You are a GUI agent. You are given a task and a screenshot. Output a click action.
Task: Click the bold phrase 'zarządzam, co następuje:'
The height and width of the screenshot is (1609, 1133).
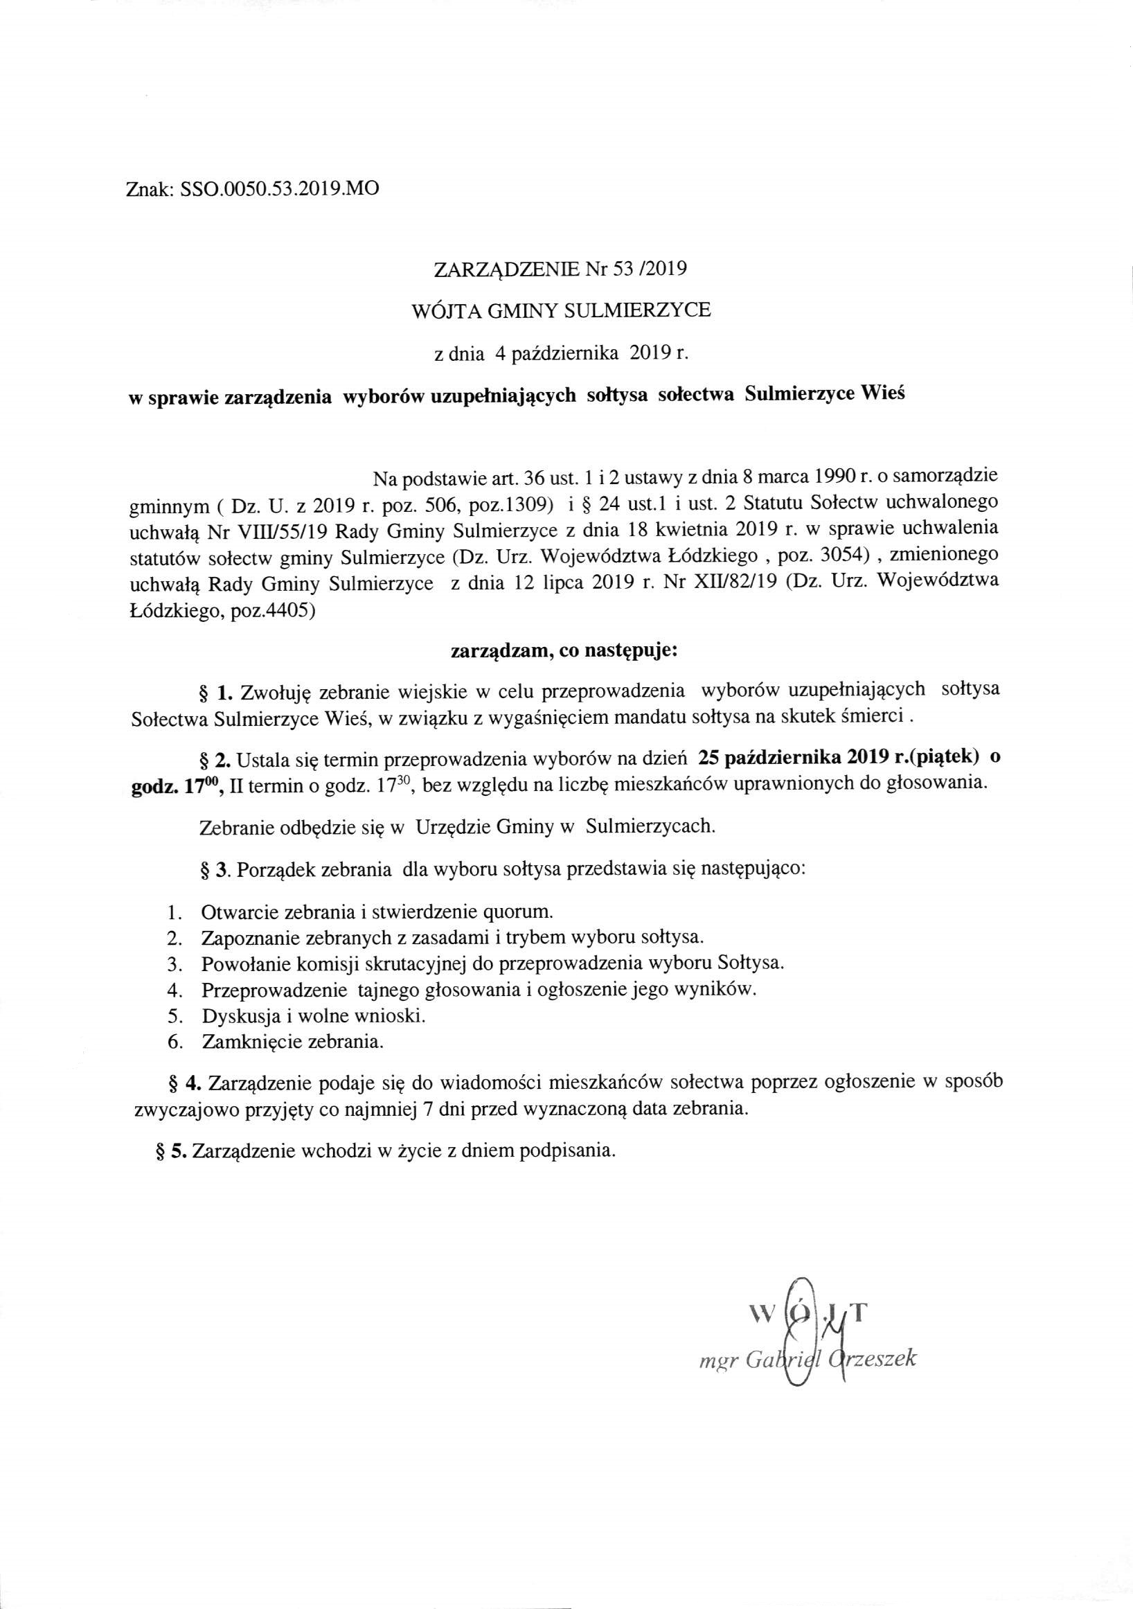[x=563, y=650]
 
